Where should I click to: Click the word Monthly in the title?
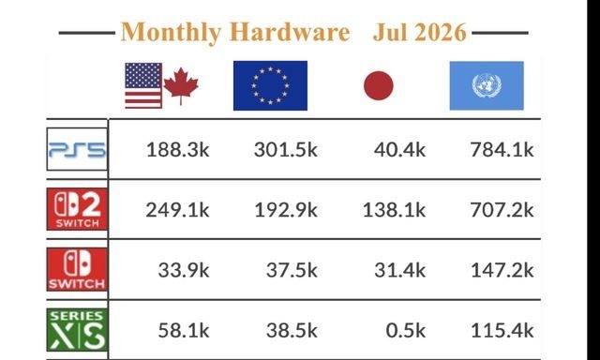171,32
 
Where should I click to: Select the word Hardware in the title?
290,32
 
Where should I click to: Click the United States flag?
143,85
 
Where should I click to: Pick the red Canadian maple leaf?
181,86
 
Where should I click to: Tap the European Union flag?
270,85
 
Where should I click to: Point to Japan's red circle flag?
379,85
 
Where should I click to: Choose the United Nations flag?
487,85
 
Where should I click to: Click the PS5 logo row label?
77,149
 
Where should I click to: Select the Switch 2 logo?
77,209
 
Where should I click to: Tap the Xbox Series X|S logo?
77,330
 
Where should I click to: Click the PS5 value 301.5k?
286,150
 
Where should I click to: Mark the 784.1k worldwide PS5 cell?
502,150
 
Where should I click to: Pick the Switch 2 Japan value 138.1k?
394,210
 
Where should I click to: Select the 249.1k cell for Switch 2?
177,210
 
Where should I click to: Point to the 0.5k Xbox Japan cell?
406,331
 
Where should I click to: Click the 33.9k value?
184,271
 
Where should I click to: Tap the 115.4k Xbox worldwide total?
502,331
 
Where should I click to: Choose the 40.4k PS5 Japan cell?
400,150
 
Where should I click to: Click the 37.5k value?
292,271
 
